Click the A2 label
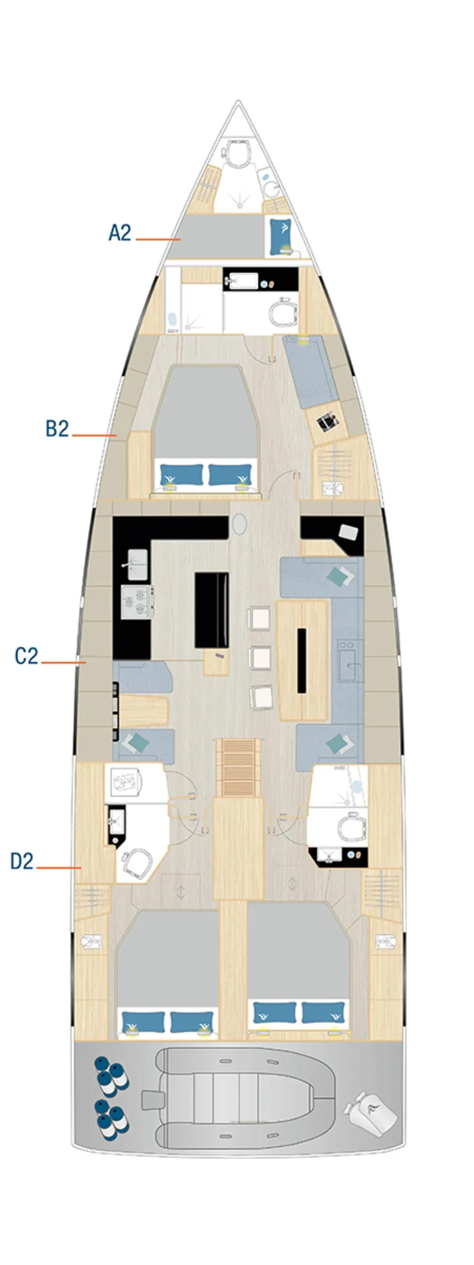pyautogui.click(x=120, y=233)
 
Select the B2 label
pyautogui.click(x=57, y=428)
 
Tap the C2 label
pyautogui.click(x=27, y=656)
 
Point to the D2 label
pyautogui.click(x=23, y=861)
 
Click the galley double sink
pyautogui.click(x=137, y=563)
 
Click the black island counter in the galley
pyautogui.click(x=212, y=610)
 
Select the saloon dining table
pyautogui.click(x=303, y=659)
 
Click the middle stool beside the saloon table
pyautogui.click(x=261, y=658)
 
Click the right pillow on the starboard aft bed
pyautogui.click(x=324, y=1012)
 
